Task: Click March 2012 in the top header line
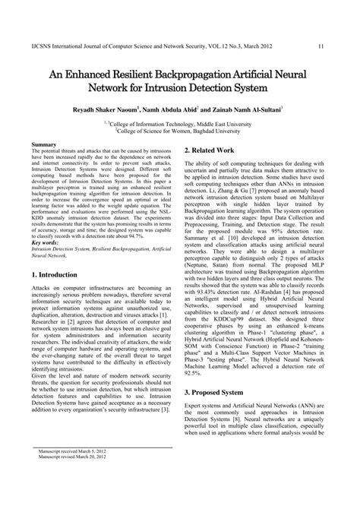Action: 279,25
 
